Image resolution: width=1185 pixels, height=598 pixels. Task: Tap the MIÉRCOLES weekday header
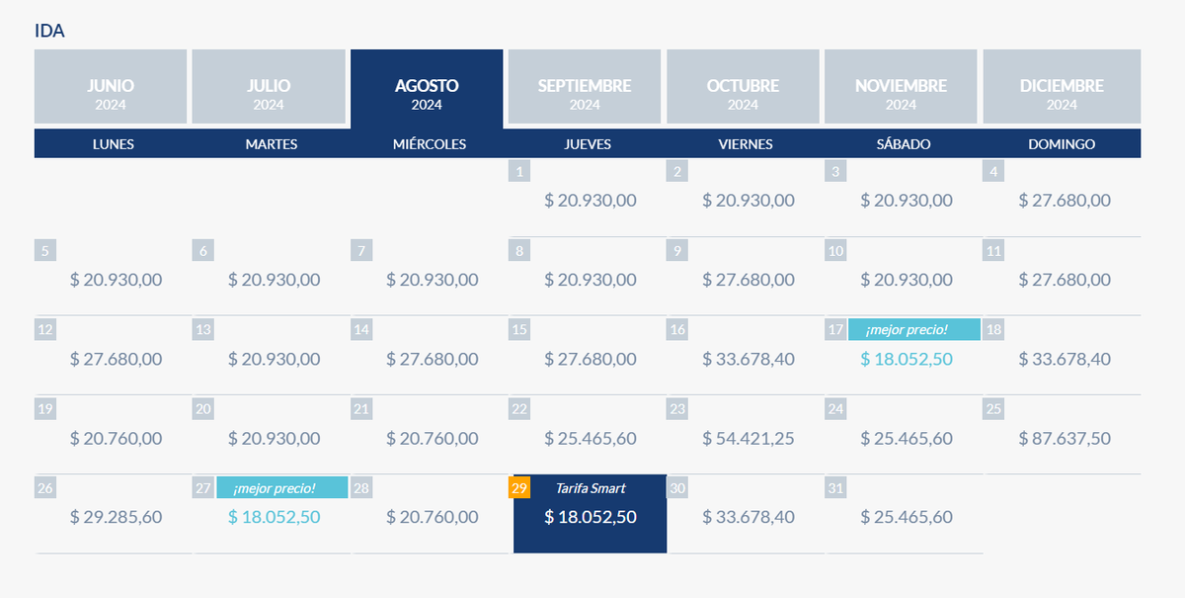[x=430, y=144]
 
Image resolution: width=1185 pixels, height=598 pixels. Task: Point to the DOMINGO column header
[x=1062, y=144]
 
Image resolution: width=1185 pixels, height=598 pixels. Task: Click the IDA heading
[x=49, y=31]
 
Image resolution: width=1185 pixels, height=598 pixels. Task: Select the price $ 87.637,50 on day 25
[x=1065, y=438]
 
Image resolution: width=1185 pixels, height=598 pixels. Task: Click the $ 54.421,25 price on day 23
[x=749, y=438]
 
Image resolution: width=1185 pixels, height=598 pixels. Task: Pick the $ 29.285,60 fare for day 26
[x=117, y=517]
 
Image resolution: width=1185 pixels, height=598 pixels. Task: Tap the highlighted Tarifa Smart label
[x=591, y=488]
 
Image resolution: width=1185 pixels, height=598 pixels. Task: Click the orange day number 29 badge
[x=519, y=487]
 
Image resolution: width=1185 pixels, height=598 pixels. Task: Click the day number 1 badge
[x=519, y=172]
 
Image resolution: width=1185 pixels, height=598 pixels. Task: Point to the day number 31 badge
[x=835, y=487]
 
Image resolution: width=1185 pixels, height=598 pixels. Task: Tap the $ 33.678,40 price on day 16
[x=749, y=359]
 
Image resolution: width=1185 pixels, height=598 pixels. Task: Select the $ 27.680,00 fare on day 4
[x=1065, y=201]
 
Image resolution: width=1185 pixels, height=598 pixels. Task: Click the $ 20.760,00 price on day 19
[x=117, y=438]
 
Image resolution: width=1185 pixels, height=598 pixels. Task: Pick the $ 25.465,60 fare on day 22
[x=591, y=438]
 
